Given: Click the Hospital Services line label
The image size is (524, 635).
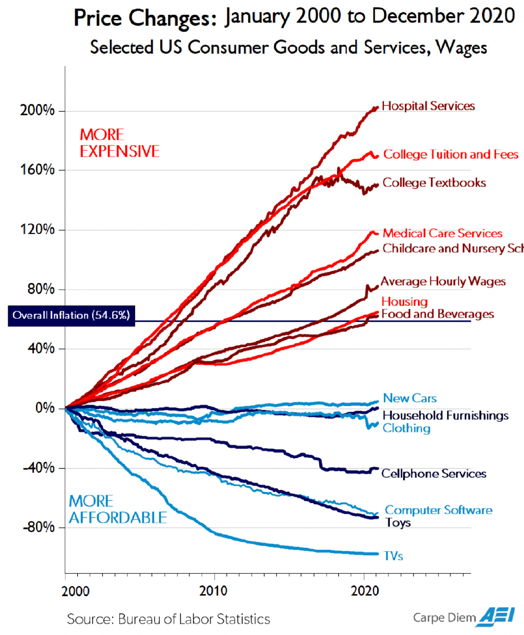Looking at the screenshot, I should (428, 106).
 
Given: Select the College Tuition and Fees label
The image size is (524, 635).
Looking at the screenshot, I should (450, 155).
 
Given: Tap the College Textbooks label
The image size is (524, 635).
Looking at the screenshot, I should (434, 183).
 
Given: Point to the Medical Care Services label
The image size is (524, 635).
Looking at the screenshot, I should (443, 233).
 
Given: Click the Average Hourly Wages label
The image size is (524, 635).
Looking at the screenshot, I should (443, 281).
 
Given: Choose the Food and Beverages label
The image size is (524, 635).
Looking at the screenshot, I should (438, 314).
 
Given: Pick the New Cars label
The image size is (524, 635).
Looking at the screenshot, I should (410, 398).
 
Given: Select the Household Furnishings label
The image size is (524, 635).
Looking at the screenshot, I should (445, 415).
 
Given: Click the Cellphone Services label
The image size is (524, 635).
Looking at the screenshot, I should (434, 474).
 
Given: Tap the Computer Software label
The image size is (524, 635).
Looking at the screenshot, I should (439, 510).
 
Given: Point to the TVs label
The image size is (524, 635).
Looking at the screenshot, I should (394, 556).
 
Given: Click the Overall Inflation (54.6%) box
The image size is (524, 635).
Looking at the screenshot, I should (71, 315).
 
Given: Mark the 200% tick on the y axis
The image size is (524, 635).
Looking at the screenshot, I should (37, 111).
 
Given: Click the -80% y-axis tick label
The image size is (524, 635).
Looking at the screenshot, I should (38, 527).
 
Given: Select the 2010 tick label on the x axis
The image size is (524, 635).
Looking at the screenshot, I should (213, 591).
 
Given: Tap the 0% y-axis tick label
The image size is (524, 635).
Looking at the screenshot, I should (45, 408).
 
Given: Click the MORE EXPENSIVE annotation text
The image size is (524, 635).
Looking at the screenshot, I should (119, 143).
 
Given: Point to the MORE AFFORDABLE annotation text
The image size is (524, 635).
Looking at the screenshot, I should (118, 509).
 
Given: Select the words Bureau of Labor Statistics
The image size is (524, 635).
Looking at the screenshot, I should (194, 619).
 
